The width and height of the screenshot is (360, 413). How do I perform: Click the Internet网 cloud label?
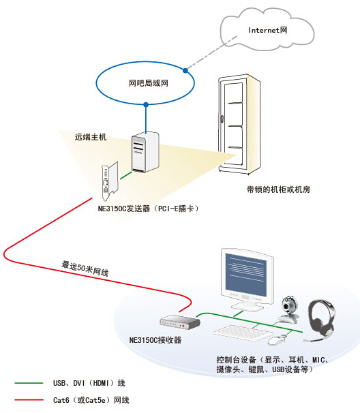268,30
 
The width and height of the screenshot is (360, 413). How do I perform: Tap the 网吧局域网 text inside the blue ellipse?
149,83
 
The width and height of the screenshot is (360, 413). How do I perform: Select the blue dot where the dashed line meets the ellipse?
185,70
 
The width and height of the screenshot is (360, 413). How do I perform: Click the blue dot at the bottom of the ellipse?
146,104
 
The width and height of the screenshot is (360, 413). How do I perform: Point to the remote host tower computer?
145,152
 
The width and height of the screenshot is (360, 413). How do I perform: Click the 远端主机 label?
91,137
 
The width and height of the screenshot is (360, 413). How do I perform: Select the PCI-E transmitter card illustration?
110,181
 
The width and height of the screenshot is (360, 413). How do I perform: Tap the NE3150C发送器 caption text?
124,209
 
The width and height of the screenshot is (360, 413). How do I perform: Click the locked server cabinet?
239,124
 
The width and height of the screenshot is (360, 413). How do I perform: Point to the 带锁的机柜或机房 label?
278,189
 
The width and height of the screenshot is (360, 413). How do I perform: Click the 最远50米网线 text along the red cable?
85,269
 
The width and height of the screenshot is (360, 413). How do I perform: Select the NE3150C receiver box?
180,322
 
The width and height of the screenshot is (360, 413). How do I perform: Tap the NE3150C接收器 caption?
155,340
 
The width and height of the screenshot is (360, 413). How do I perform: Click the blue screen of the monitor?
246,275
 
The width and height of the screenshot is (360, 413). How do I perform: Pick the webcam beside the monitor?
289,310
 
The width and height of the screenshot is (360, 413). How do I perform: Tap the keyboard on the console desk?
243,333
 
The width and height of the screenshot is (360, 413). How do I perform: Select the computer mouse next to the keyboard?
276,340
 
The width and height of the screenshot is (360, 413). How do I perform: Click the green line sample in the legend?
29,383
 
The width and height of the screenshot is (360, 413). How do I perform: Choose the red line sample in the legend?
29,400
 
